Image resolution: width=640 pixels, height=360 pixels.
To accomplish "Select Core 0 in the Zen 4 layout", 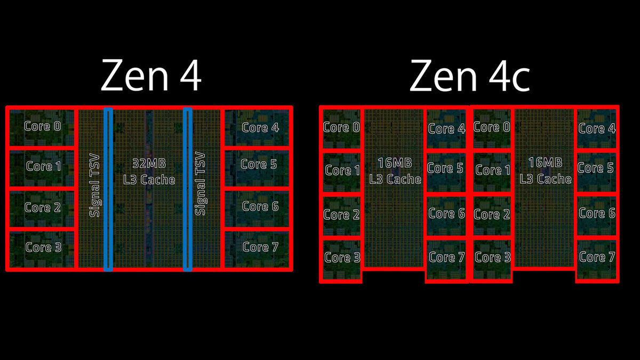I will click(x=43, y=126).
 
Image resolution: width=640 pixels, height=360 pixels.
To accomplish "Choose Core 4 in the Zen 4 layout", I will click(x=260, y=127).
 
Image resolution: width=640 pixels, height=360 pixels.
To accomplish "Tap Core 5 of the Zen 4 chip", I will click(x=259, y=164).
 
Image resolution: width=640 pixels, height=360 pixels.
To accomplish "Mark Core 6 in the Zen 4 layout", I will click(x=260, y=206).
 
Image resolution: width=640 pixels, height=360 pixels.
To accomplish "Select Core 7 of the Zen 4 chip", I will click(x=260, y=246).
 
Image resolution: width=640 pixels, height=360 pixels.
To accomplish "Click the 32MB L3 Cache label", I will click(x=146, y=171).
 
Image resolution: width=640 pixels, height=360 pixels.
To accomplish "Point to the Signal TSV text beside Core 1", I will click(x=95, y=184).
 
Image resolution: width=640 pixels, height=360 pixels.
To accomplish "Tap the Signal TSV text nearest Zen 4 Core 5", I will click(x=201, y=184).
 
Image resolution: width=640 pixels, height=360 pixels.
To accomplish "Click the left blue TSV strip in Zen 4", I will click(x=108, y=189).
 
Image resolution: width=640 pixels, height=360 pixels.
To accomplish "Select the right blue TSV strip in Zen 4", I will click(x=188, y=189).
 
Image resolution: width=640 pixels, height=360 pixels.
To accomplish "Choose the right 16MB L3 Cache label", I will click(x=546, y=171).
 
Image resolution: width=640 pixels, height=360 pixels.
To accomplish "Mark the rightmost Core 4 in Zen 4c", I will click(x=596, y=128).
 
